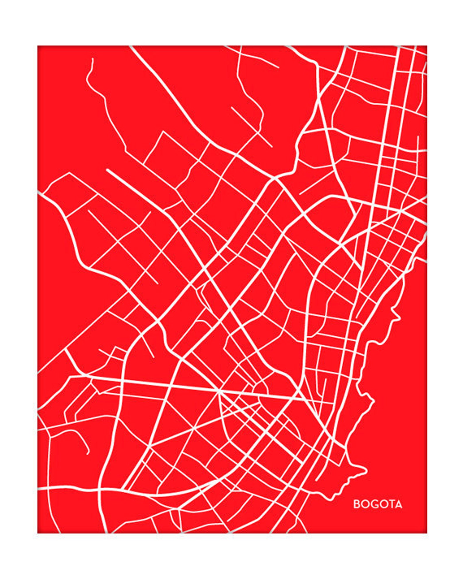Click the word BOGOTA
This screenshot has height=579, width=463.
(378, 504)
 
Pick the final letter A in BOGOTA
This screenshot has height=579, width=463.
(398, 504)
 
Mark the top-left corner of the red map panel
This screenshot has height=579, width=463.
(38, 46)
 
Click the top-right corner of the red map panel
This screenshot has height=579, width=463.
(427, 46)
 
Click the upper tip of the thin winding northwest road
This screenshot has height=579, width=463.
(92, 59)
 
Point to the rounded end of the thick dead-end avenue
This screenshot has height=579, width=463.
(108, 170)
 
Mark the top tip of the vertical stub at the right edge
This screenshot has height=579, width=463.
(418, 136)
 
